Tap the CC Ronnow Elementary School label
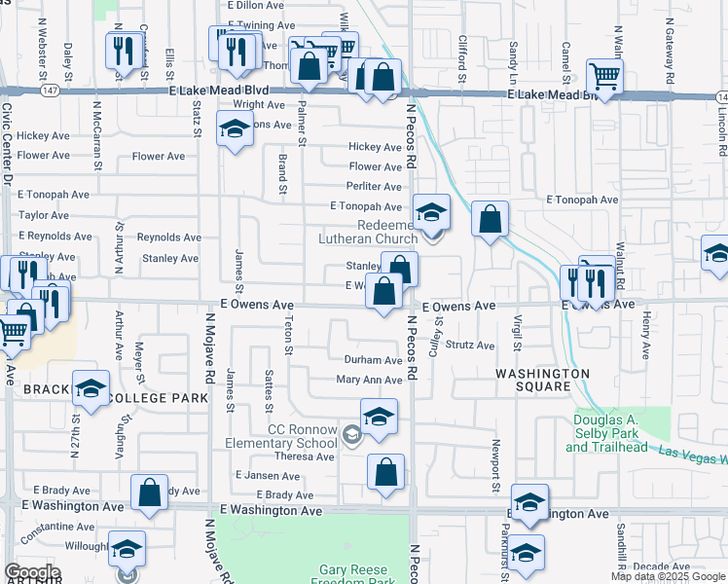click(304, 436)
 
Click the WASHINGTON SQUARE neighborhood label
click(543, 380)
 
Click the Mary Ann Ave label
click(369, 381)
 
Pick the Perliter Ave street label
click(375, 185)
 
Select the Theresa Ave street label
click(304, 456)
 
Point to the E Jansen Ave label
click(268, 476)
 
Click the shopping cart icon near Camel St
click(605, 75)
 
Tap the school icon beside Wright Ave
click(235, 129)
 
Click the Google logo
click(33, 572)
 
